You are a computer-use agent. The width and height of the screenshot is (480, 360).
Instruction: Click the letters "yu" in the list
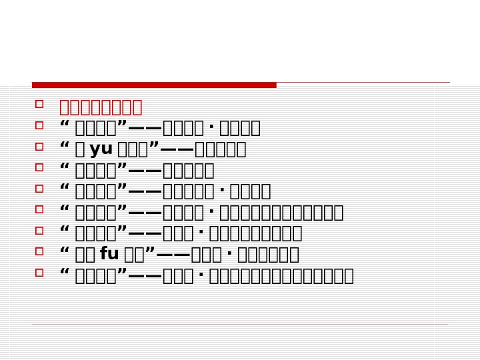click(x=101, y=149)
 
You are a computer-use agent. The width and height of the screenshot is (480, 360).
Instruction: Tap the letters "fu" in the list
click(x=109, y=254)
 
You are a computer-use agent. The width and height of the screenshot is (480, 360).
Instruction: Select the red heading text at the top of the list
click(x=101, y=107)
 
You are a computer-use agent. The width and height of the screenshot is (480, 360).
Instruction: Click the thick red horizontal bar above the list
click(x=154, y=85)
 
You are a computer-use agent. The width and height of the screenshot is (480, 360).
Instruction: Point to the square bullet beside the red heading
click(x=39, y=104)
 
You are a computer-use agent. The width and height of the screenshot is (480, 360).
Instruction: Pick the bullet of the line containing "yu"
click(x=39, y=146)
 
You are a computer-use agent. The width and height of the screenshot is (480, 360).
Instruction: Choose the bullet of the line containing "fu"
click(x=39, y=251)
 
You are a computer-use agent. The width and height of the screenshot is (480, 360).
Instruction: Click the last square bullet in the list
click(x=39, y=273)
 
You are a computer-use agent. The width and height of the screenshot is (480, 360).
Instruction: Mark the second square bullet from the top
click(x=39, y=125)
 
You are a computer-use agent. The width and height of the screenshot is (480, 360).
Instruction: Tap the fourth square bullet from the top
click(x=39, y=167)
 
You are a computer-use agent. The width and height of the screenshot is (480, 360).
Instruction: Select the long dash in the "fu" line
click(x=173, y=255)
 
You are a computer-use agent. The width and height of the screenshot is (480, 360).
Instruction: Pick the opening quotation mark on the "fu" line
click(x=65, y=251)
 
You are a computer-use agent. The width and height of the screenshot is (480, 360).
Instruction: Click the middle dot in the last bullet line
click(x=201, y=276)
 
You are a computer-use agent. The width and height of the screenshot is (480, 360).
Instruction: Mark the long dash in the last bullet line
click(x=145, y=276)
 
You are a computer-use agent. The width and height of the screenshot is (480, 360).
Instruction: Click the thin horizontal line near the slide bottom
click(x=240, y=325)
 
